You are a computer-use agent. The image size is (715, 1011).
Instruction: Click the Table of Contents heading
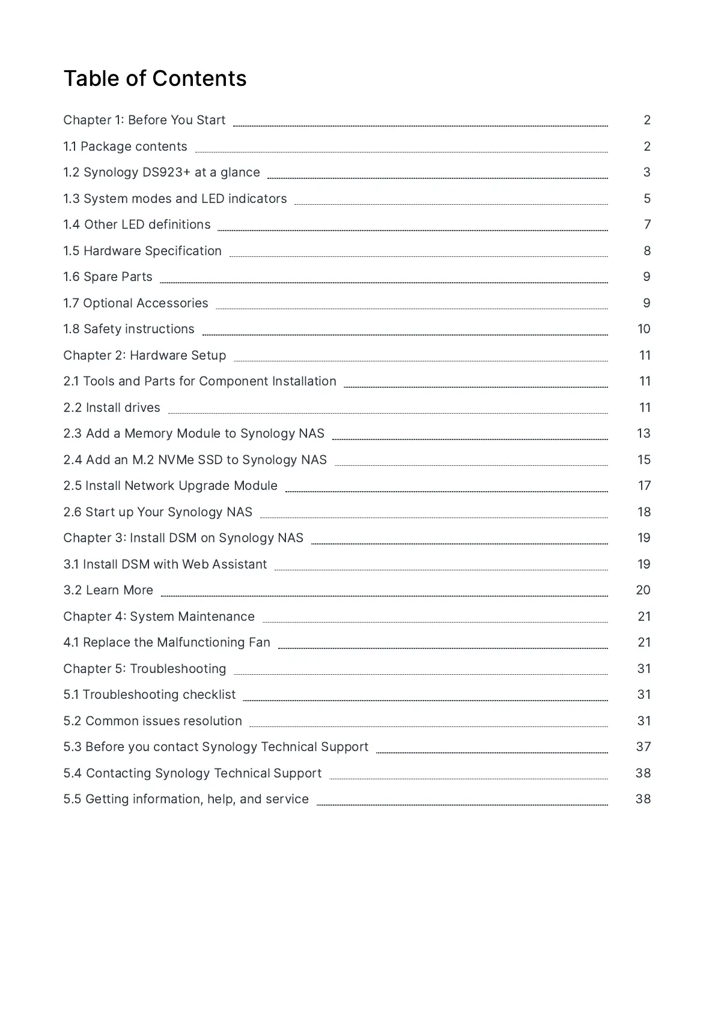(155, 79)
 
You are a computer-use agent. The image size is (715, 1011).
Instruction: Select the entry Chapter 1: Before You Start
(144, 120)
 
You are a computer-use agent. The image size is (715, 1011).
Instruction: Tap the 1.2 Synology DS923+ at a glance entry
(162, 172)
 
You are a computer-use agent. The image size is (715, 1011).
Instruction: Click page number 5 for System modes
(647, 199)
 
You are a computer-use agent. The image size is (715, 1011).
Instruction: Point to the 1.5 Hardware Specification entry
(142, 251)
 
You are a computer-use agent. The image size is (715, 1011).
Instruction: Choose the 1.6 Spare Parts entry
(108, 277)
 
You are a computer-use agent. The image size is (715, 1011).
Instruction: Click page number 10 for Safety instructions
(643, 329)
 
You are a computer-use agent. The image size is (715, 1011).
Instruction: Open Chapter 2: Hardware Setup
(145, 355)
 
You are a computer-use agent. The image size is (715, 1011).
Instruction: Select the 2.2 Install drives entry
(112, 408)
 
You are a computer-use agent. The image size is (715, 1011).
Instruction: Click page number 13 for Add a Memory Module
(643, 433)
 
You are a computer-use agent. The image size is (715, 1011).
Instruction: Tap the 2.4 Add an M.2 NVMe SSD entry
(195, 460)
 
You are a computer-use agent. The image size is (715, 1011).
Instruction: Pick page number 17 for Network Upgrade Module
(644, 486)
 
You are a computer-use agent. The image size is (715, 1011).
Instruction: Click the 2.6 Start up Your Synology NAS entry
(158, 512)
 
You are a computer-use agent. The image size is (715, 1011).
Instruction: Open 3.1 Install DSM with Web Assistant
(165, 564)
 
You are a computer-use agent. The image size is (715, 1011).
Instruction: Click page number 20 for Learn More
(643, 590)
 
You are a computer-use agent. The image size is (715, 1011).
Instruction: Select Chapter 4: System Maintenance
(159, 617)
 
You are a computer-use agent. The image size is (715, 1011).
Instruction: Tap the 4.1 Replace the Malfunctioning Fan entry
(167, 642)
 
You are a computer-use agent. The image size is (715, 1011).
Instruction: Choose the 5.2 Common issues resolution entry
(153, 721)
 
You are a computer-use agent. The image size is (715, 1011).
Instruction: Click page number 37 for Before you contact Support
(643, 747)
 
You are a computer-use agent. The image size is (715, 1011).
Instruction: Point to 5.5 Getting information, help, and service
(186, 799)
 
